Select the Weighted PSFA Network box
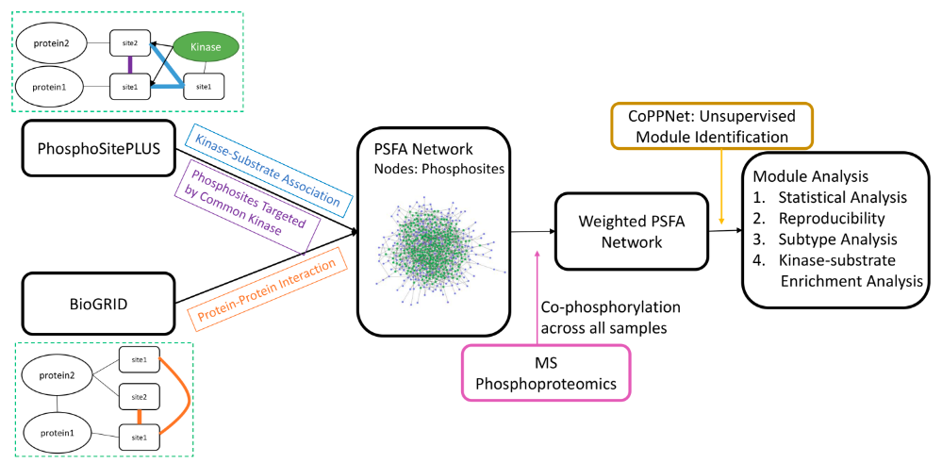point(621,230)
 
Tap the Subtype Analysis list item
point(830,239)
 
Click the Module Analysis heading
point(803,176)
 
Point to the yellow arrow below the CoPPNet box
point(720,190)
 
